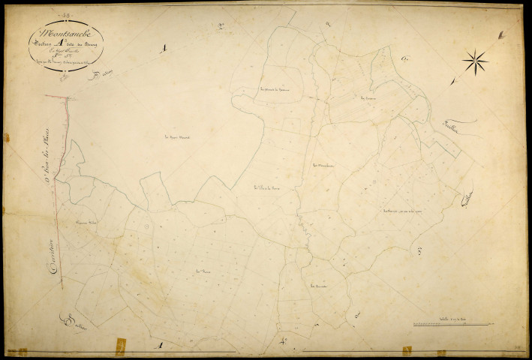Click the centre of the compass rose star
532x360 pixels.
(475, 59)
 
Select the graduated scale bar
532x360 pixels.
(449, 325)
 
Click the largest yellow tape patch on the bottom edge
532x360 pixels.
(119, 346)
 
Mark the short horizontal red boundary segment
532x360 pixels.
(58, 97)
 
